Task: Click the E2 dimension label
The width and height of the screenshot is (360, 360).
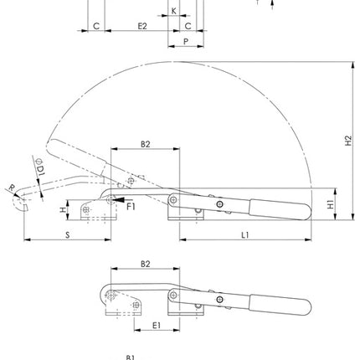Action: [141, 26]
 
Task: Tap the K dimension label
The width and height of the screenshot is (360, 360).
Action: [174, 11]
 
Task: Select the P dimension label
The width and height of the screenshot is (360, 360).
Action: [185, 40]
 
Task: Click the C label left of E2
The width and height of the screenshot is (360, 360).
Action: [97, 26]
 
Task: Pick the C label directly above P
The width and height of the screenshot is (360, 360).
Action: [188, 26]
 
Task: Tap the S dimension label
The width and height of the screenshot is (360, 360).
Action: [68, 235]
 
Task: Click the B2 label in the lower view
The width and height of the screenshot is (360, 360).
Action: [145, 264]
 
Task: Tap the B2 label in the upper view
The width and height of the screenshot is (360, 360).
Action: [145, 144]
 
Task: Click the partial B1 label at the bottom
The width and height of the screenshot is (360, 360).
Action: [130, 357]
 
